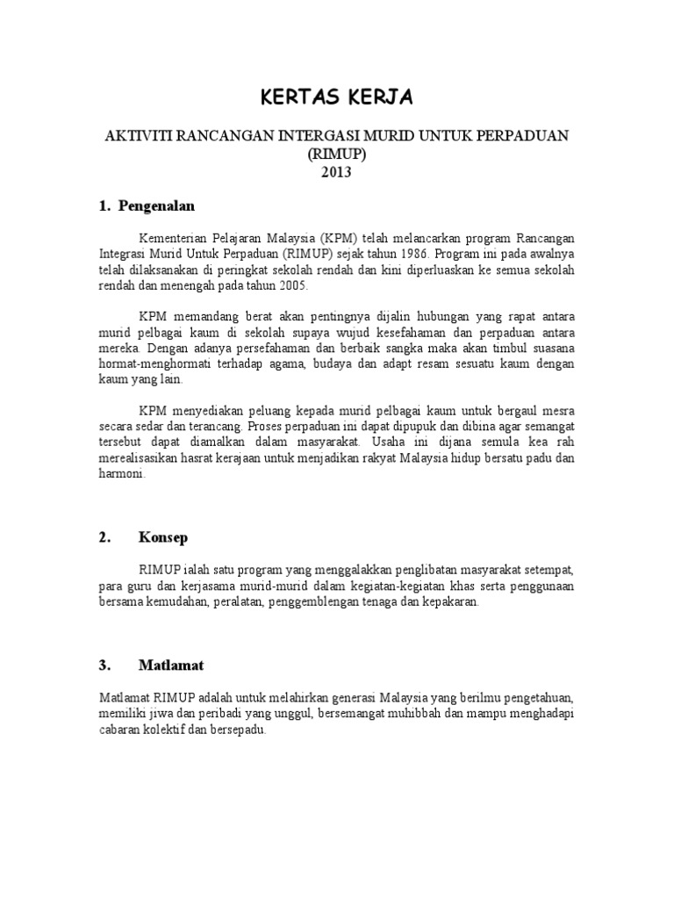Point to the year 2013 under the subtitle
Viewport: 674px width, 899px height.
point(336,172)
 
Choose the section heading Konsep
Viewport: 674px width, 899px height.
point(163,536)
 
